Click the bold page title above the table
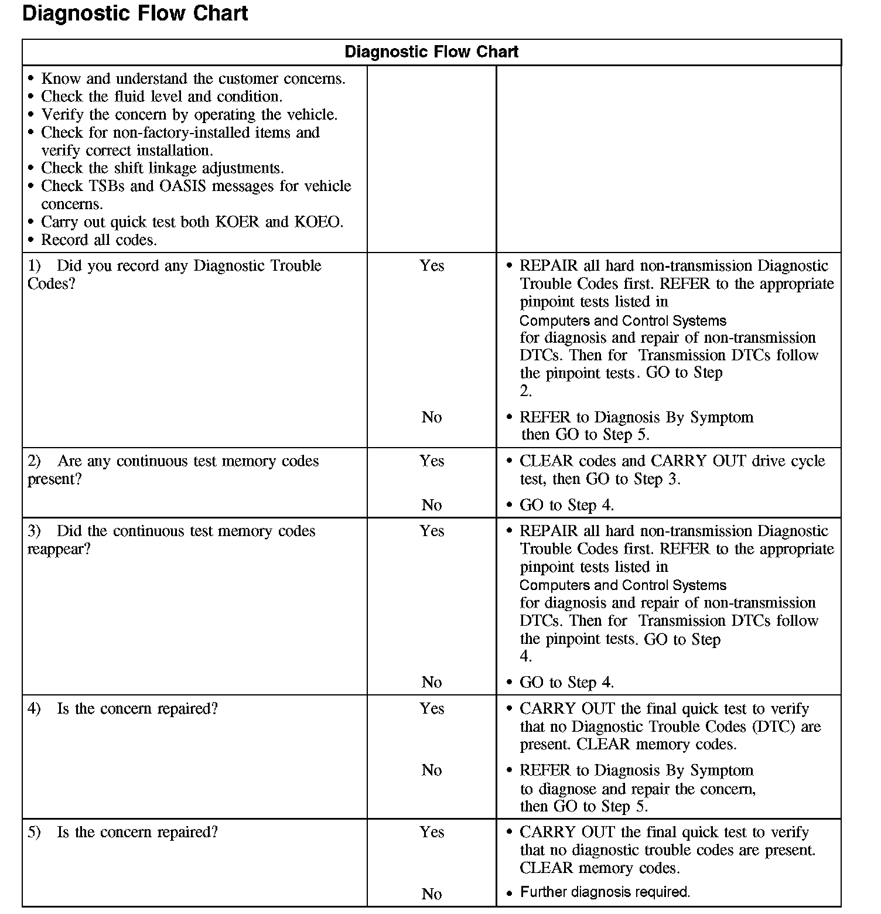(135, 13)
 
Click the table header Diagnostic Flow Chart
(431, 52)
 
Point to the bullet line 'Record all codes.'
(98, 240)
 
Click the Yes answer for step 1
(432, 266)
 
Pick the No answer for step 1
(432, 417)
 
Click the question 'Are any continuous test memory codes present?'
(173, 470)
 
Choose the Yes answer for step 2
(432, 461)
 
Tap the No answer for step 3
(432, 682)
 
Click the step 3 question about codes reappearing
(171, 540)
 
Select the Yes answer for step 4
(432, 709)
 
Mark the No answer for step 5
(432, 893)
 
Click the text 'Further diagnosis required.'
(605, 892)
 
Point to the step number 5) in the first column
(34, 833)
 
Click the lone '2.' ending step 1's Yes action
(525, 391)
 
